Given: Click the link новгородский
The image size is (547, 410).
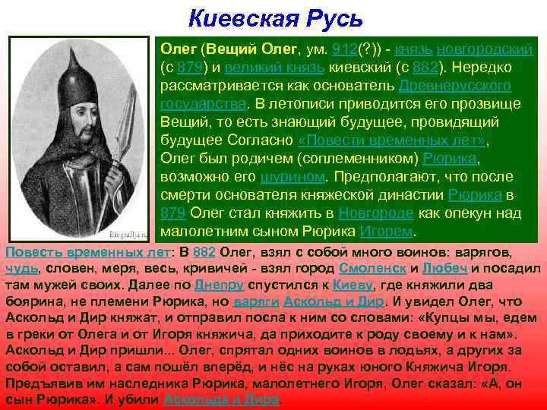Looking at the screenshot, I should pyautogui.click(x=489, y=49).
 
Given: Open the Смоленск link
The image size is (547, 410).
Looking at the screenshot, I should pyautogui.click(x=372, y=269).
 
